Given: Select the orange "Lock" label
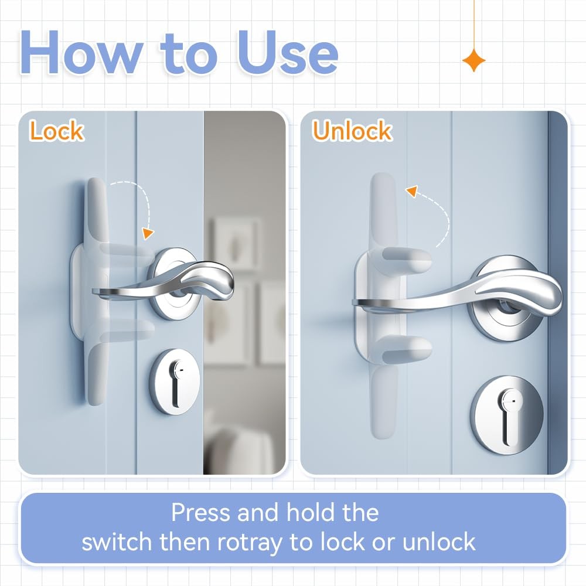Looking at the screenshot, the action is point(57,131).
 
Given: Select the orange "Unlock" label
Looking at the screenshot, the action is point(352,131).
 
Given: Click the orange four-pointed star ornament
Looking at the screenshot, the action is point(474,60).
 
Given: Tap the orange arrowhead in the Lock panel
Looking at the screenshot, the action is point(148,233).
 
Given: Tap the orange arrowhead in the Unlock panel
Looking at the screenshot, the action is point(412,192).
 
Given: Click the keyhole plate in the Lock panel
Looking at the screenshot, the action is point(175,381).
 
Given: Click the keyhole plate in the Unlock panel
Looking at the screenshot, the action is point(507,415).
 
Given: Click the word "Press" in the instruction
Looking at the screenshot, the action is point(200,512).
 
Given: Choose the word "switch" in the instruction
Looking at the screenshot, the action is point(117,541).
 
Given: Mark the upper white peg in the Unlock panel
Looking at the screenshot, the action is point(407,260).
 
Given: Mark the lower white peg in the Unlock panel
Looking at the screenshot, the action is point(407,348).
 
